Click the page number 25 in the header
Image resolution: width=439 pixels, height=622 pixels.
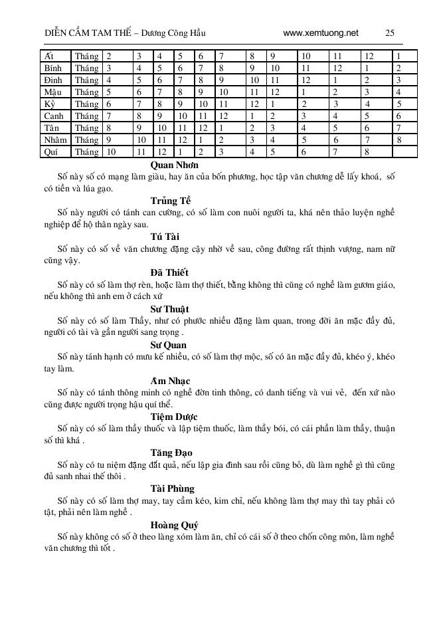[390, 33]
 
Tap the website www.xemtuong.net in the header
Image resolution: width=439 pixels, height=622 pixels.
[320, 33]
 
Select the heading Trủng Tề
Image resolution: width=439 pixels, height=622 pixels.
[171, 201]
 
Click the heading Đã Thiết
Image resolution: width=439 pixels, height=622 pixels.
[169, 272]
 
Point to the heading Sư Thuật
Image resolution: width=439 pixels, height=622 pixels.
[169, 309]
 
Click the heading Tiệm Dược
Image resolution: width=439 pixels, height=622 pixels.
[170, 417]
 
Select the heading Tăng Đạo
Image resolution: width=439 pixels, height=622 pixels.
[170, 453]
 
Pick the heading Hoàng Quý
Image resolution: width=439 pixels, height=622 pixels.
[170, 525]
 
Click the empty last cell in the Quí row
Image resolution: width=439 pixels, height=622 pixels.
[404, 152]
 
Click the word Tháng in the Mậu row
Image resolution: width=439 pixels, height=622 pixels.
[86, 92]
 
